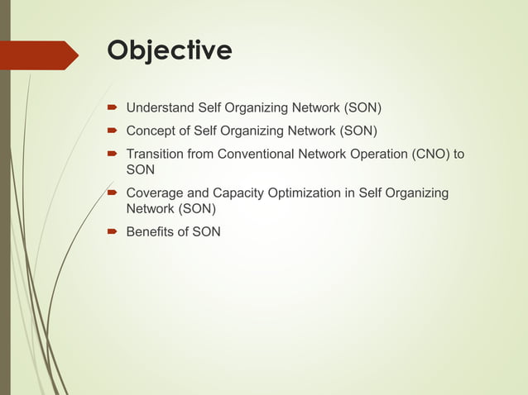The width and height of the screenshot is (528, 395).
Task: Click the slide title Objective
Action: coord(170,51)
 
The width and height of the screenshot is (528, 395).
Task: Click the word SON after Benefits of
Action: coord(206,232)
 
